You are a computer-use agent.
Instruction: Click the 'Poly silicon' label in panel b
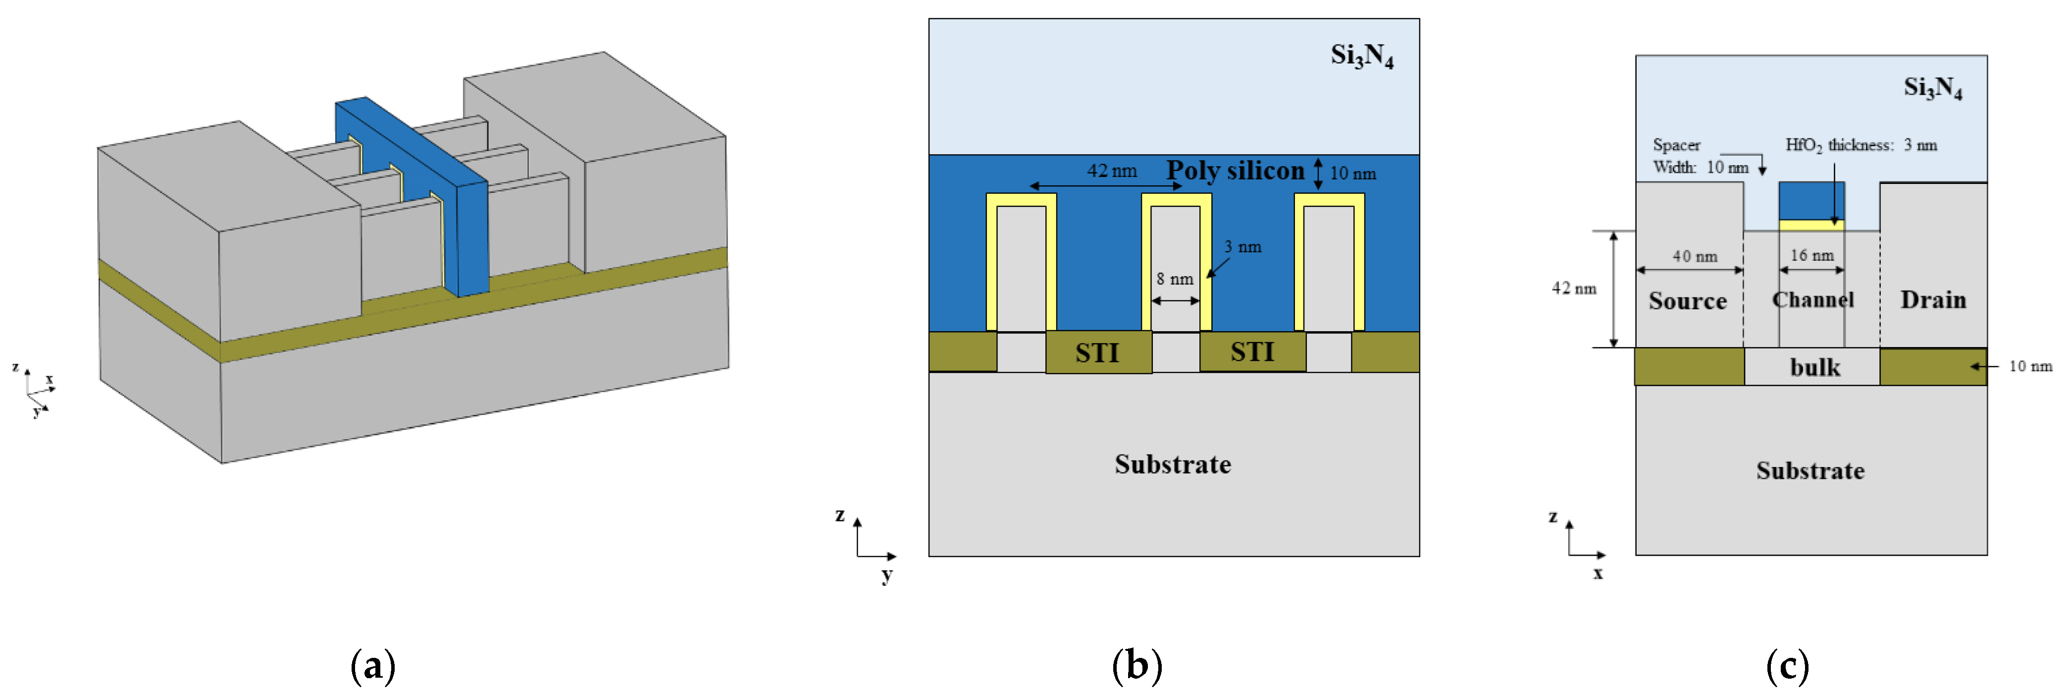pyautogui.click(x=1235, y=171)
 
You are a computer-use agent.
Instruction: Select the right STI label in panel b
pyautogui.click(x=1252, y=351)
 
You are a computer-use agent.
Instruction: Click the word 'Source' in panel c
pyautogui.click(x=1688, y=301)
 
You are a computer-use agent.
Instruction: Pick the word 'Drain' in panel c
pyautogui.click(x=1933, y=300)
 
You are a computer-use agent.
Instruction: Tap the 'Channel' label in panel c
pyautogui.click(x=1812, y=300)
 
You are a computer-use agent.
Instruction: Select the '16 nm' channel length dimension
pyautogui.click(x=1812, y=255)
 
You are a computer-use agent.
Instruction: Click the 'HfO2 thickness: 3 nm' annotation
pyautogui.click(x=1860, y=145)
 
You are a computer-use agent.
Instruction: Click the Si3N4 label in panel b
pyautogui.click(x=1362, y=56)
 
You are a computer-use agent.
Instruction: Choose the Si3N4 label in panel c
pyautogui.click(x=1932, y=87)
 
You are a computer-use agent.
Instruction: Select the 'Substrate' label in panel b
pyautogui.click(x=1173, y=465)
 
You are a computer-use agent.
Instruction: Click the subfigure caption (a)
pyautogui.click(x=373, y=666)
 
